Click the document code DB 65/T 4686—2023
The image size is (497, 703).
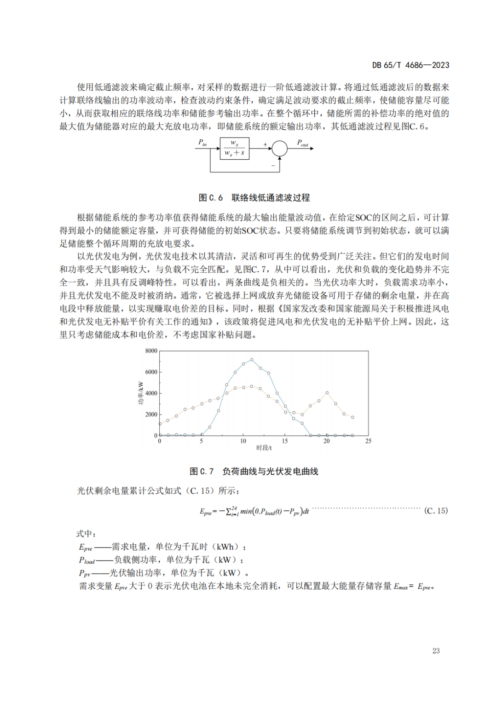[x=410, y=65]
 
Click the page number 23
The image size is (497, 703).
[x=436, y=651]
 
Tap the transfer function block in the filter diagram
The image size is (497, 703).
[x=234, y=149]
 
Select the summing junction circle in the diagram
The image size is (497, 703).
[x=279, y=149]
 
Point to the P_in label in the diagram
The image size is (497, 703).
[x=202, y=143]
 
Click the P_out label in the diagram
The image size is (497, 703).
[x=302, y=143]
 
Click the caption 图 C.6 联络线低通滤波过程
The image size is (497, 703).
[x=254, y=198]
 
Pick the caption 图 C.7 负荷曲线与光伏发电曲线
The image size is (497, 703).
[x=254, y=472]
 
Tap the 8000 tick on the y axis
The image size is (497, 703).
[x=151, y=351]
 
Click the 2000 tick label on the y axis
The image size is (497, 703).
[x=151, y=415]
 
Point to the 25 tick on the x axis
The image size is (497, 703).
[x=368, y=441]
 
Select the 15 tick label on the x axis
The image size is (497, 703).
[x=285, y=441]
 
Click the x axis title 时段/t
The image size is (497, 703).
[x=264, y=448]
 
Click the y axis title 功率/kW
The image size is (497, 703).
[x=141, y=393]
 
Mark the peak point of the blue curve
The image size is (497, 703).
[x=252, y=360]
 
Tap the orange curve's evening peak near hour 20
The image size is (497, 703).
[x=327, y=393]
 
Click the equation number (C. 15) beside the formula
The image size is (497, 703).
[x=436, y=511]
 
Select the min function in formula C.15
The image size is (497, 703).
[x=246, y=511]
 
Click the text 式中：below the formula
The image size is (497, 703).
[x=86, y=534]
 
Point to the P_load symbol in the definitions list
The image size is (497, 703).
[x=87, y=560]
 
